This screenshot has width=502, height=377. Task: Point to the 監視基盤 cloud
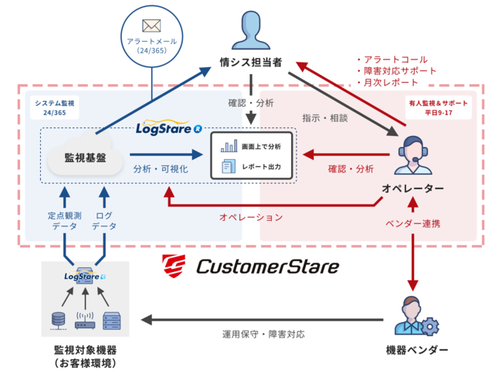(86, 158)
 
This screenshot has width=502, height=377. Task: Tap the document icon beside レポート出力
(229, 166)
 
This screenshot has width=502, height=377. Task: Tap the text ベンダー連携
(412, 223)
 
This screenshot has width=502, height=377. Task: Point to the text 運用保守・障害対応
(263, 335)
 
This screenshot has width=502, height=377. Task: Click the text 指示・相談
(324, 118)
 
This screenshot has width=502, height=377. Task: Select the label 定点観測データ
(63, 220)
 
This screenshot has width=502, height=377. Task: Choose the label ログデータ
(104, 220)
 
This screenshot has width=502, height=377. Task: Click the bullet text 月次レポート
(387, 82)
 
